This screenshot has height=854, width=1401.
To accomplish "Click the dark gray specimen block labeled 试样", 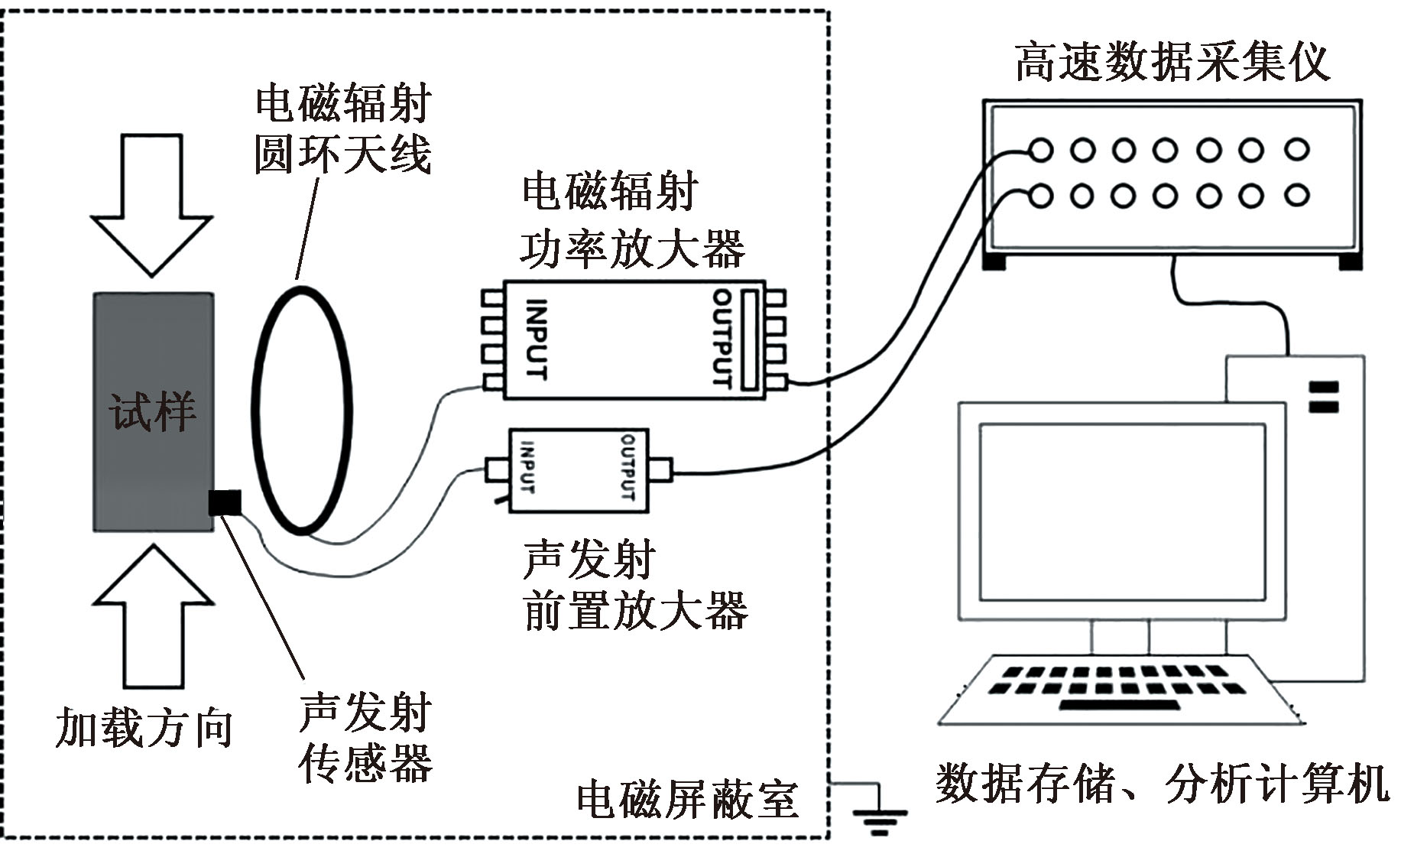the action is (153, 411).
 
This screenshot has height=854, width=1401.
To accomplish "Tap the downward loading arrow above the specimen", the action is (151, 205).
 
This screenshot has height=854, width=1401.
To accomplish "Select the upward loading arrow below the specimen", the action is (152, 616).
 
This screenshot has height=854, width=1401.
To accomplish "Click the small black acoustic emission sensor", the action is (225, 502).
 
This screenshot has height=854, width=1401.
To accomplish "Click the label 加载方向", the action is (144, 727).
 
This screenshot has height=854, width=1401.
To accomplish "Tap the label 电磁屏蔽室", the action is (687, 800).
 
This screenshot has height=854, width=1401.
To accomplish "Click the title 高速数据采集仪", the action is (1172, 61).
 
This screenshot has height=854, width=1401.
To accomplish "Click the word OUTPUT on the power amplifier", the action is (723, 337).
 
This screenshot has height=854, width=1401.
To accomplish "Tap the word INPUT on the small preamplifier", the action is (527, 466).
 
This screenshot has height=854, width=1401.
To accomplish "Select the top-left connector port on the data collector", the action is (1040, 150).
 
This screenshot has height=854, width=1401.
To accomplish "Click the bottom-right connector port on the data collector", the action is (1296, 196).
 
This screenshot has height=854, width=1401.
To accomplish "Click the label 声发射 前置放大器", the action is (635, 586).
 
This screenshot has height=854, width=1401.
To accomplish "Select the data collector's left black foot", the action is (994, 261).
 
